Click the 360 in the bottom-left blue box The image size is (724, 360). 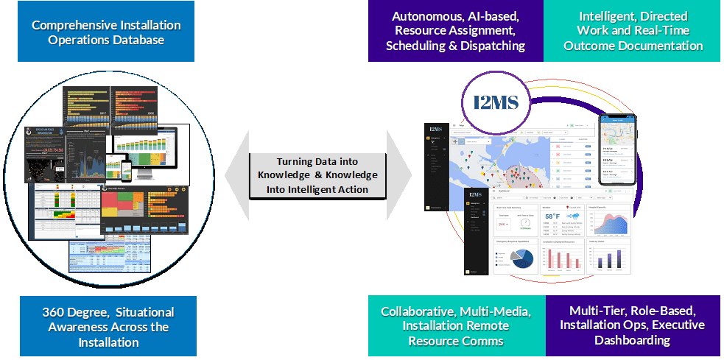click(x=53, y=312)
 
